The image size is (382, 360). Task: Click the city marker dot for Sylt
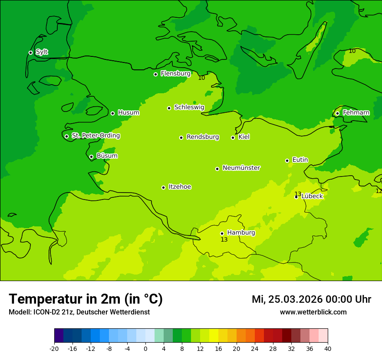[30, 52]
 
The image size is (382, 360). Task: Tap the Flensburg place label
[175, 74]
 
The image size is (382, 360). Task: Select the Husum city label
[128, 113]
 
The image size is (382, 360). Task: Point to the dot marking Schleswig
[169, 108]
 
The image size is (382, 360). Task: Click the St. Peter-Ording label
[95, 136]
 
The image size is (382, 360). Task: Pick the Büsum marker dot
[91, 157]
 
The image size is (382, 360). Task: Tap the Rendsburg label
[203, 137]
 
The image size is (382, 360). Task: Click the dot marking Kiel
[233, 137]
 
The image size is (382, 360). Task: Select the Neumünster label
[241, 168]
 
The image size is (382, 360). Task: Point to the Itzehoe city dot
[163, 187]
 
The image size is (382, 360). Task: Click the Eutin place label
[300, 160]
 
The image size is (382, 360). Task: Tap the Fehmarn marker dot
[337, 113]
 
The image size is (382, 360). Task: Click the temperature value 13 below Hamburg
[224, 240]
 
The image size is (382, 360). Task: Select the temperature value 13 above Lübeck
[298, 194]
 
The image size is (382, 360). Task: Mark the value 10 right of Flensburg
[201, 78]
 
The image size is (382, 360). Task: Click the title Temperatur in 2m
[86, 299]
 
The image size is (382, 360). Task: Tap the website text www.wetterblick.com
[313, 312]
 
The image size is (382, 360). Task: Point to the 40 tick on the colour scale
[328, 349]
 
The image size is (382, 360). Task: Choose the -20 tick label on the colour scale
[54, 349]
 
